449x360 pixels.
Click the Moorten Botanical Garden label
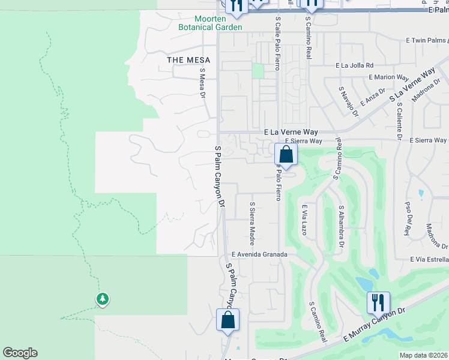pos(210,23)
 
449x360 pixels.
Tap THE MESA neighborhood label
pos(188,60)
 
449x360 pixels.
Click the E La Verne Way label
pos(291,132)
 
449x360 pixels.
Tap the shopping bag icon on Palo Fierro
pos(286,155)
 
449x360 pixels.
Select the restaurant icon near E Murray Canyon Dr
pos(378,303)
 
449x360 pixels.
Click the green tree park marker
pos(102,298)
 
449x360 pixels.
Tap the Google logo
pos(20,353)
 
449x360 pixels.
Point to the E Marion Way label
pos(388,77)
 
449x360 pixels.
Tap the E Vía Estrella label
pos(430,259)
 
